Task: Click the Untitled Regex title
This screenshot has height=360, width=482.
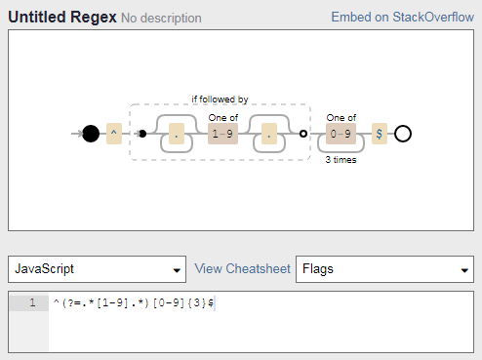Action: point(62,17)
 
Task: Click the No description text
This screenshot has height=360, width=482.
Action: point(161,19)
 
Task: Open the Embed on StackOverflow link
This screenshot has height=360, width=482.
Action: point(402,17)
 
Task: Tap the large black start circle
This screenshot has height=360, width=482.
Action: point(91,134)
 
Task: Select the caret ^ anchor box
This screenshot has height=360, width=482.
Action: point(114,134)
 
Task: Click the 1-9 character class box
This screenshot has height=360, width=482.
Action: point(222,134)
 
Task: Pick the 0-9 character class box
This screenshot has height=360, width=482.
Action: point(341,134)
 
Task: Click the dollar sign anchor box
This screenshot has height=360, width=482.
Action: point(380,134)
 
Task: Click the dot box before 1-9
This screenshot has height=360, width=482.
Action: point(177,134)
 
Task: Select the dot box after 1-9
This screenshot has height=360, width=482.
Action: point(269,134)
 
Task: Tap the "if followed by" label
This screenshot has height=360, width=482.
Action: point(220,100)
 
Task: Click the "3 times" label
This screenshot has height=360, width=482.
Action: point(341,160)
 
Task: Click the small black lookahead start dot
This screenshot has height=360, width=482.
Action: point(142,134)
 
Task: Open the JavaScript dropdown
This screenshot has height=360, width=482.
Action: point(97,269)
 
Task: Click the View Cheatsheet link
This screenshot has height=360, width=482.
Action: point(242,269)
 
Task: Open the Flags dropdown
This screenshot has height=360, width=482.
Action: point(384,269)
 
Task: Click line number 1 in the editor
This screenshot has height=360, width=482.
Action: point(32,302)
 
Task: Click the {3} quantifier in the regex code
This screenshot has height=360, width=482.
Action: point(197,303)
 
